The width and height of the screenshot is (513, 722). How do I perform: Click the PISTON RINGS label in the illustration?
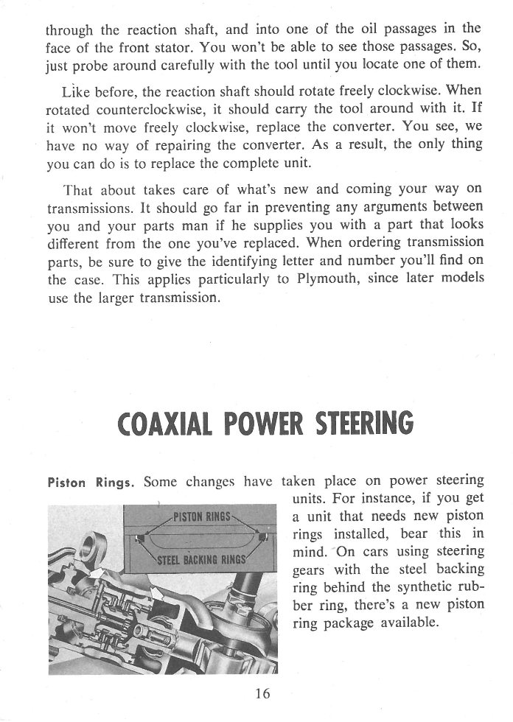tap(201, 516)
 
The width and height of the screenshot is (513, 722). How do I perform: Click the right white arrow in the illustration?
tap(157, 591)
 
